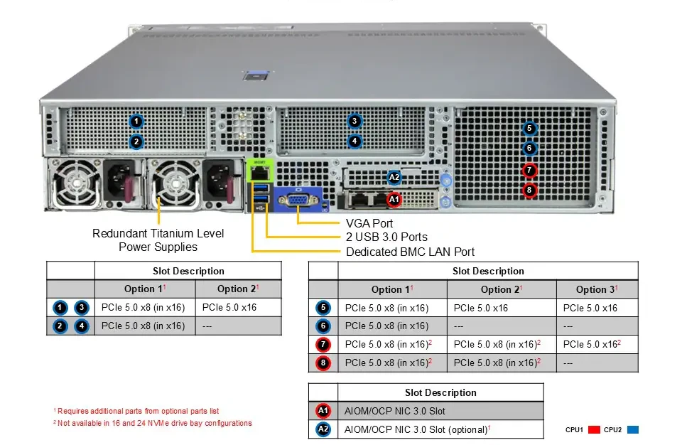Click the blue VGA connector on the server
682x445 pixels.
coord(298,200)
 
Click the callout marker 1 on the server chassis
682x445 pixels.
coord(136,121)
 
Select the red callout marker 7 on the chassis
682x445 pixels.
coord(529,170)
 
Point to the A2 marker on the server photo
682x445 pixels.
coord(394,177)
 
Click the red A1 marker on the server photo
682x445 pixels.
coord(394,200)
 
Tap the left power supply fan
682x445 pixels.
coord(75,183)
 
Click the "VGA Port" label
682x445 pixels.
coord(369,223)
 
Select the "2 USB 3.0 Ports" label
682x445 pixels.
coord(386,237)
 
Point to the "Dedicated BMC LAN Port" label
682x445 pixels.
coord(410,252)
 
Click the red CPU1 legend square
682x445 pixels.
coord(594,430)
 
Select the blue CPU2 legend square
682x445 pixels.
coord(633,430)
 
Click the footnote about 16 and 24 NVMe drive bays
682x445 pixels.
coord(153,423)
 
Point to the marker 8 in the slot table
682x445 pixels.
coord(323,363)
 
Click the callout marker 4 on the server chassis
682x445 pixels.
coord(354,141)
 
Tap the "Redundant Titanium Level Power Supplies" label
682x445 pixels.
coord(158,240)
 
